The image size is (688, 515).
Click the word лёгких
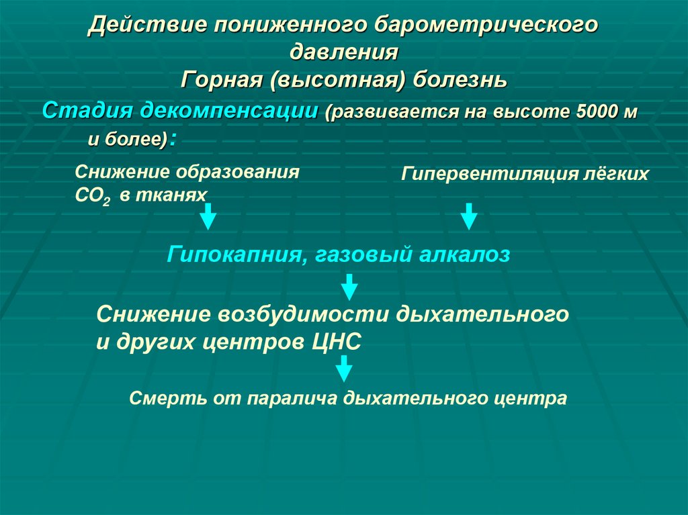pos(616,175)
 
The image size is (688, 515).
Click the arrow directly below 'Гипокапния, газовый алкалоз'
pos(348,287)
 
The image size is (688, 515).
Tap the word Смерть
pos(161,398)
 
